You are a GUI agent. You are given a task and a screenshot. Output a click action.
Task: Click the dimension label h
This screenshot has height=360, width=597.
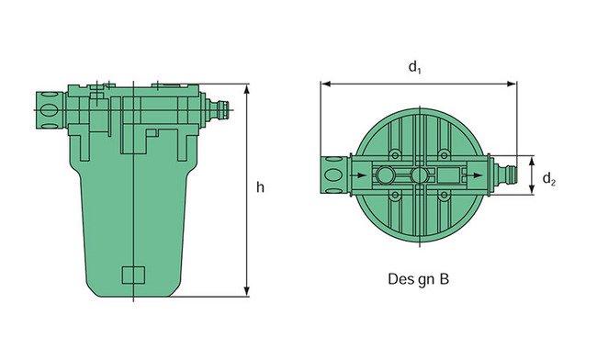click(x=261, y=187)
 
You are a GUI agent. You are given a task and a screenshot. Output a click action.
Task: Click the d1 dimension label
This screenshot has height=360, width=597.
click(x=415, y=67)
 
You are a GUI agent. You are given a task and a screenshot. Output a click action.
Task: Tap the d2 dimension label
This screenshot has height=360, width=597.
click(x=548, y=180)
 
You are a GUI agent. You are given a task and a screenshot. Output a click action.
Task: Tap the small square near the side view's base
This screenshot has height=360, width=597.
click(x=133, y=275)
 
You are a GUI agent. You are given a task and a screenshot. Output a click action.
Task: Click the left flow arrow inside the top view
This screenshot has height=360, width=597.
click(x=353, y=174)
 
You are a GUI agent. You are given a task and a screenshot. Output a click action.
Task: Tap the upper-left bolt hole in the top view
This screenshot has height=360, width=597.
click(x=394, y=153)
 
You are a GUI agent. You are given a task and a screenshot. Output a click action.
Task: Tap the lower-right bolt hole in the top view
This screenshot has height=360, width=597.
click(x=445, y=195)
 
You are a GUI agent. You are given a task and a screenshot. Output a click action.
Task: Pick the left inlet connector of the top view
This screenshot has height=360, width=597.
click(x=333, y=174)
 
